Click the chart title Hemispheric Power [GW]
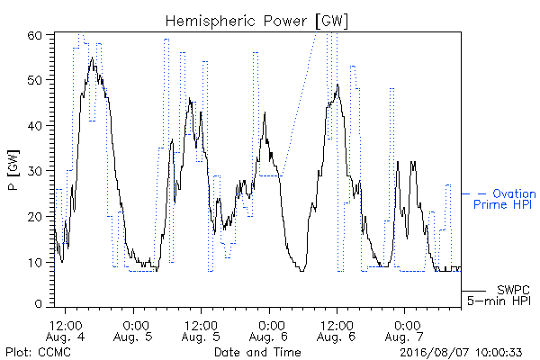[x=256, y=22]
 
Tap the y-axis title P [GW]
[x=13, y=170]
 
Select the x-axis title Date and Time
[x=257, y=352]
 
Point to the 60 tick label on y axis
[x=34, y=35]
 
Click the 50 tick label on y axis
[x=34, y=80]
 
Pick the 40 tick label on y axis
[x=34, y=125]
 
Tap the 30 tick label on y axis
[x=34, y=170]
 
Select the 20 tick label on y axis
[x=34, y=216]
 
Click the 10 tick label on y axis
[x=34, y=262]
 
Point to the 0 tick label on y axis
[x=38, y=303]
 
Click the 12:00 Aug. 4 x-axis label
[x=65, y=331]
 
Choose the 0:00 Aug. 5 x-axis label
[x=133, y=331]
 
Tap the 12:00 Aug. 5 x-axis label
[x=201, y=331]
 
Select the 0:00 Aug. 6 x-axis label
[x=268, y=331]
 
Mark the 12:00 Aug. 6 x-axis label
[x=337, y=331]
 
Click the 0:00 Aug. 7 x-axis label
[x=404, y=331]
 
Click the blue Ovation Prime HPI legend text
[x=505, y=199]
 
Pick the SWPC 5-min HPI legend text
[x=499, y=295]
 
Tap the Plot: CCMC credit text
[x=39, y=352]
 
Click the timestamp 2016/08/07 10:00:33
[x=461, y=352]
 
